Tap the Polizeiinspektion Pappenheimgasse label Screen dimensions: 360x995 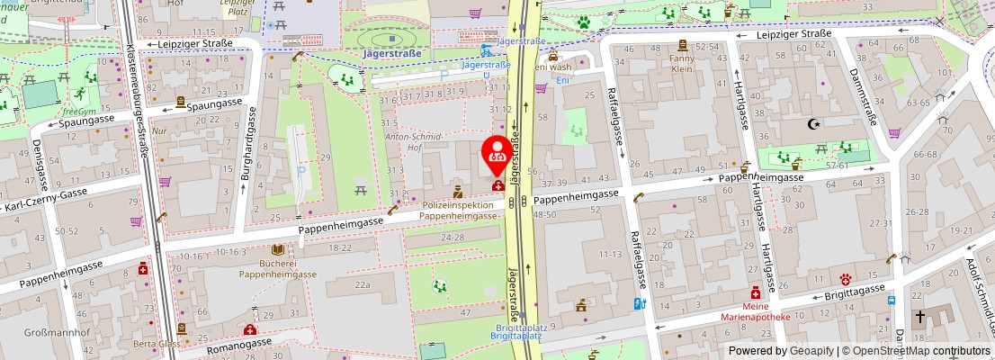tap(459, 211)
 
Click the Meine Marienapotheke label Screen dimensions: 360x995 tap(755, 310)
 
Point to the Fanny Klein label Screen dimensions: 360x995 tap(682, 64)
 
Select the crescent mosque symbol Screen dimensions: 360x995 tap(816, 123)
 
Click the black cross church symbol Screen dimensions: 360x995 tap(920, 317)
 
